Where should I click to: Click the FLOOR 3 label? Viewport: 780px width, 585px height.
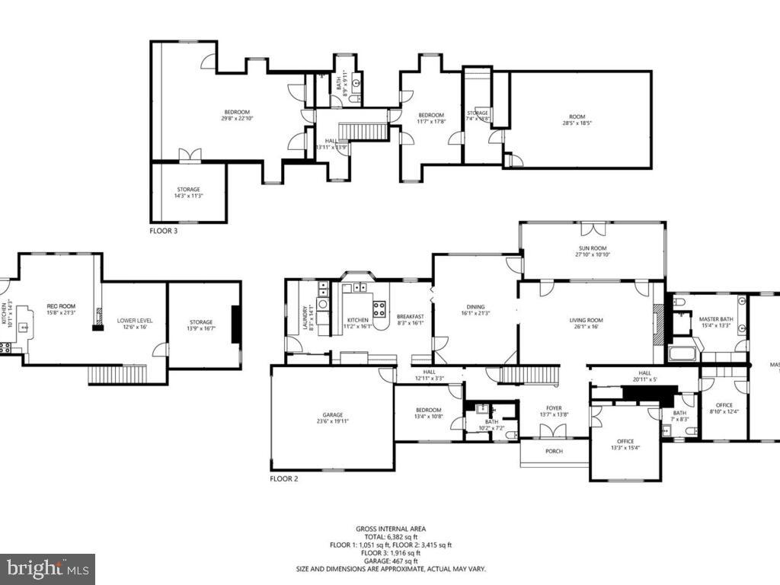(x=164, y=230)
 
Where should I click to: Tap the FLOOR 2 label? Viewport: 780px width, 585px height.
(x=284, y=479)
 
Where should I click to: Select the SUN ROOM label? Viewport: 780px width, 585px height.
(x=592, y=249)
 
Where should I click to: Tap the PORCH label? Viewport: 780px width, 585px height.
(x=554, y=451)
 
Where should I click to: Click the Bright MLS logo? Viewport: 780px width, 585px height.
(x=46, y=568)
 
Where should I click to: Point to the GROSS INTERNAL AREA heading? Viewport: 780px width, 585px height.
(x=390, y=529)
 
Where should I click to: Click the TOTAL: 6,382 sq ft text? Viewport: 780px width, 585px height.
(x=390, y=537)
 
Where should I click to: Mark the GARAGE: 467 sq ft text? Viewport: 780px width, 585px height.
(x=390, y=561)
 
